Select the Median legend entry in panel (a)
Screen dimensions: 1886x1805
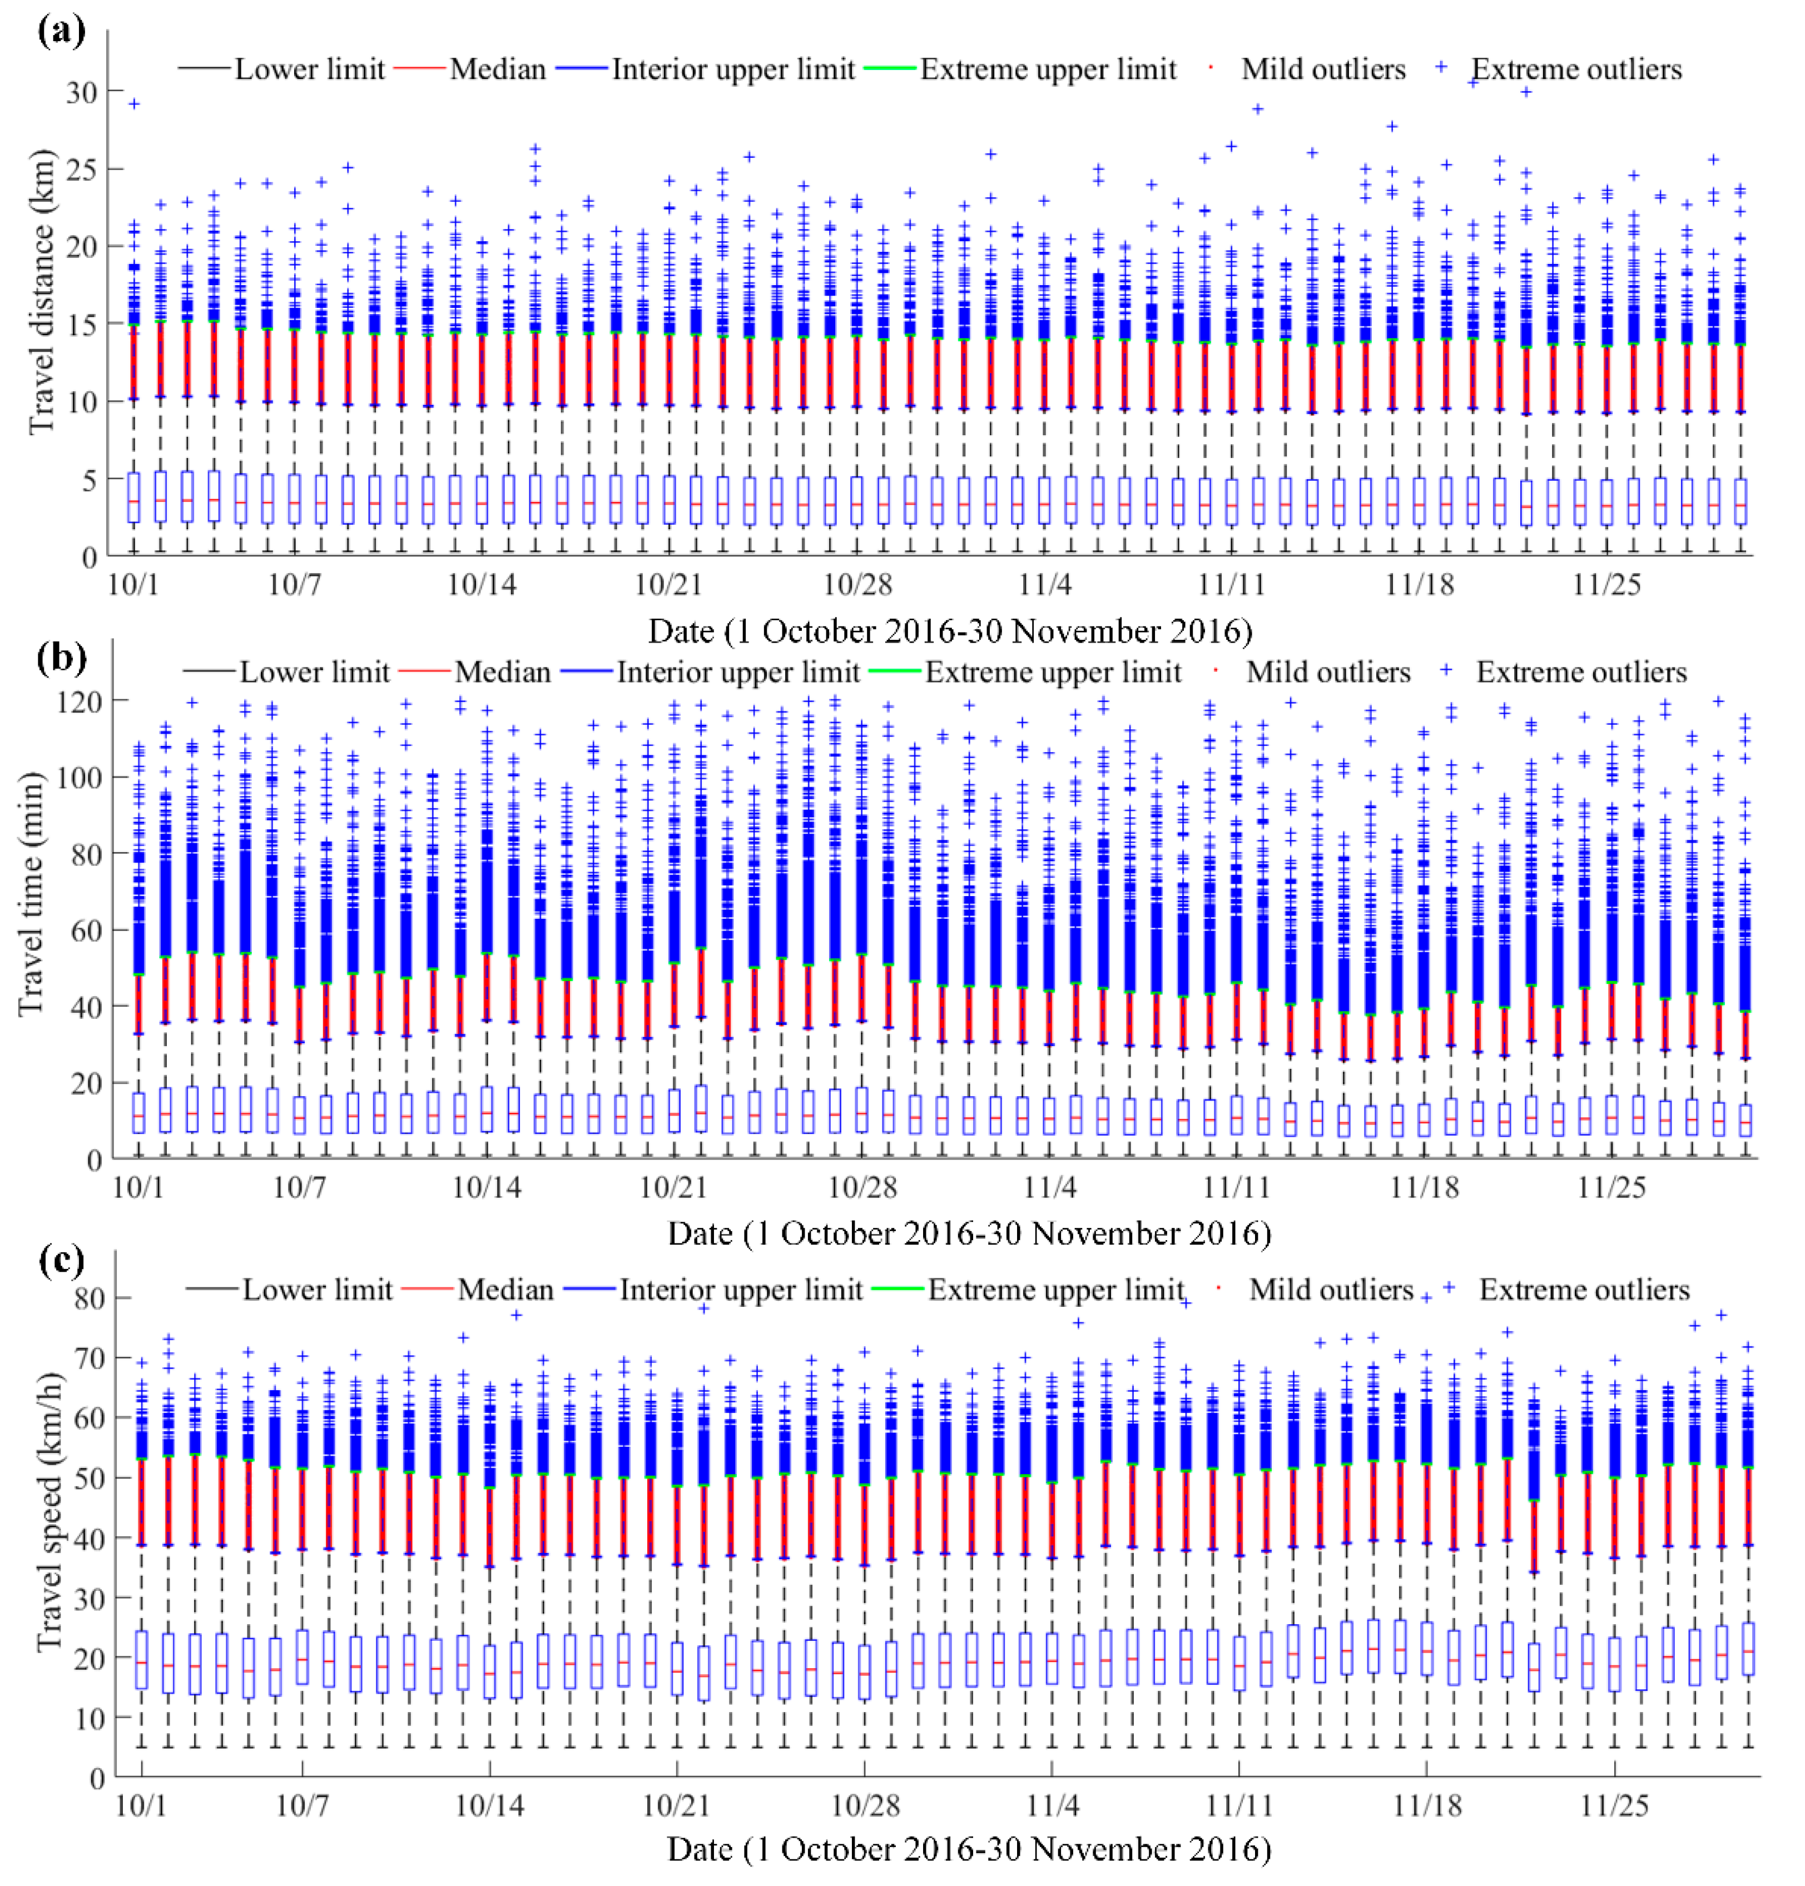point(498,69)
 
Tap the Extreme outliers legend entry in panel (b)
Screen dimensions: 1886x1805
point(1581,671)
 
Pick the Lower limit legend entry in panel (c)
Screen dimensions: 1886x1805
point(316,1289)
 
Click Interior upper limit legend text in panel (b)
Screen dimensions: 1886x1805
point(738,671)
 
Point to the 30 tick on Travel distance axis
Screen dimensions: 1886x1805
point(81,92)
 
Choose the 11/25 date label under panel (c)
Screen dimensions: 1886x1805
point(1614,1805)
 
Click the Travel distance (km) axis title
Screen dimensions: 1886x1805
point(41,291)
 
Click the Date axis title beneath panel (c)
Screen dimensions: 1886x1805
point(969,1849)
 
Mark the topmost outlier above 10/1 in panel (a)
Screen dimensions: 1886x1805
point(135,103)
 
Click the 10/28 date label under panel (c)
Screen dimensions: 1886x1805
point(864,1805)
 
